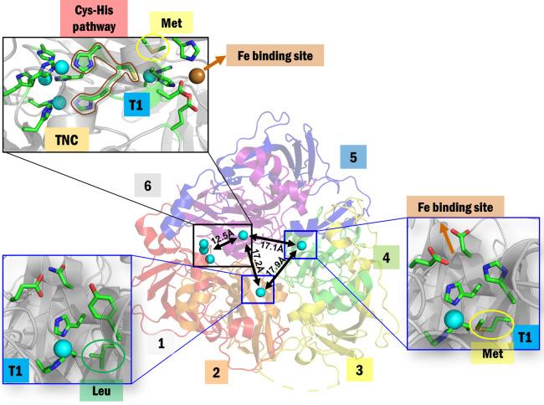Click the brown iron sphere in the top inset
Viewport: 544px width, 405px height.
coord(198,77)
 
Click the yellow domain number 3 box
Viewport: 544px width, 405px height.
coord(359,367)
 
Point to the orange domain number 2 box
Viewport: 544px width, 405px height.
coord(216,372)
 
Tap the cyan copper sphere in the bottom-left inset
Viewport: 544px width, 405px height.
coord(63,348)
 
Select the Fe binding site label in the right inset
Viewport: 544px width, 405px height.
coord(455,207)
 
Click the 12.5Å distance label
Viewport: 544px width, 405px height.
coord(222,240)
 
